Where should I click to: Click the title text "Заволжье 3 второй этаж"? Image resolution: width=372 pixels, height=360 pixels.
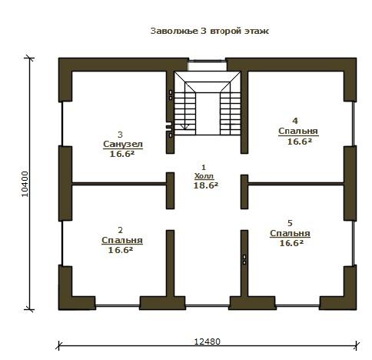click(210, 31)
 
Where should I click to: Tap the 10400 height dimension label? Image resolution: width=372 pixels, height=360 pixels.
click(25, 184)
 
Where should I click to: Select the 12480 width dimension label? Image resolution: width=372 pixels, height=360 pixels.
click(207, 342)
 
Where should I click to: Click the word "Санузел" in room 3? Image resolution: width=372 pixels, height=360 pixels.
click(123, 144)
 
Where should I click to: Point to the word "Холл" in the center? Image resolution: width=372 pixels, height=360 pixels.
click(204, 176)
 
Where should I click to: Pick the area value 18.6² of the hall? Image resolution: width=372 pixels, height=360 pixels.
click(206, 185)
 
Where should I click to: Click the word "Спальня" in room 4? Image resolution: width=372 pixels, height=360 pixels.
click(298, 131)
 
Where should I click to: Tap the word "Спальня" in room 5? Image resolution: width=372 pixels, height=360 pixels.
click(290, 233)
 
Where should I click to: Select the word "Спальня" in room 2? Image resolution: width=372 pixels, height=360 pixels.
click(122, 240)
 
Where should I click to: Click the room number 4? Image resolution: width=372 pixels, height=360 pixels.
click(295, 121)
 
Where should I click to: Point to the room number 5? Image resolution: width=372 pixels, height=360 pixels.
click(290, 223)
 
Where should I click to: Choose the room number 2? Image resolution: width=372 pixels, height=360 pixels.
click(121, 230)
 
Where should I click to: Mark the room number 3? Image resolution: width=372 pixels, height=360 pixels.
click(120, 135)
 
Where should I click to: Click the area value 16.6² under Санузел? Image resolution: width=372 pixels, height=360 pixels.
click(122, 154)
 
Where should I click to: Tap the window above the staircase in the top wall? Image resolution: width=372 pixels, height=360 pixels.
click(208, 65)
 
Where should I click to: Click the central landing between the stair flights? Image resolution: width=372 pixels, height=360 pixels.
click(208, 114)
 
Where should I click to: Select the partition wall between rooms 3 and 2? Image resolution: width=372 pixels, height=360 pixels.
click(119, 184)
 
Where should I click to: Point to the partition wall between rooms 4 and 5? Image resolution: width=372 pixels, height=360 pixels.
click(296, 184)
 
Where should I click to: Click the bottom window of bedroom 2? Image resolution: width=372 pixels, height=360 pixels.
click(118, 305)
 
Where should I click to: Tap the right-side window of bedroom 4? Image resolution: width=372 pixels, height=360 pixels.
click(354, 124)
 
